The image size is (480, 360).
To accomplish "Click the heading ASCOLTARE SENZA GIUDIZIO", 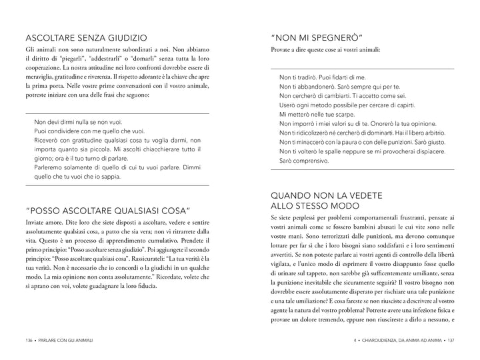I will (86, 37).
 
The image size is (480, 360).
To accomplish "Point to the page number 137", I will (451, 340).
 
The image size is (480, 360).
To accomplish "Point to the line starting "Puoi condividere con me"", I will (89, 132).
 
